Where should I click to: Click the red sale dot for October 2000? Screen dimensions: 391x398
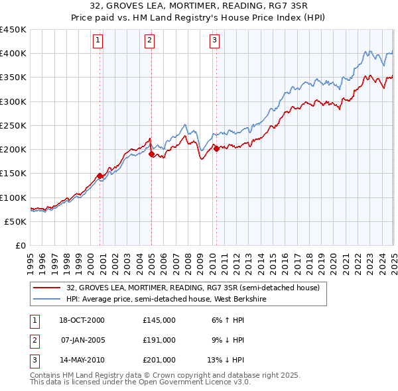100,176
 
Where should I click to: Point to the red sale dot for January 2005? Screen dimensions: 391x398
151,154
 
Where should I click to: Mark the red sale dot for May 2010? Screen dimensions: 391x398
216,148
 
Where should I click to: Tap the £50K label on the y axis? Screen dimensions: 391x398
15,221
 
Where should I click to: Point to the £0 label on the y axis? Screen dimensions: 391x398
20,245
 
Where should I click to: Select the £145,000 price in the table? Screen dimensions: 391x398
159,320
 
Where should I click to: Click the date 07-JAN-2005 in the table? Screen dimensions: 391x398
83,340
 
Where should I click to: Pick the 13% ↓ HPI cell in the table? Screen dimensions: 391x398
226,361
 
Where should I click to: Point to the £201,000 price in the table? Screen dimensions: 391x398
159,361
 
